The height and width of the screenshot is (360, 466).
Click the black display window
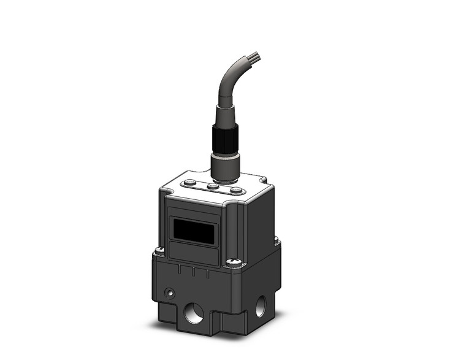(x=194, y=232)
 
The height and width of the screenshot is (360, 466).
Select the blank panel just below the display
(x=194, y=253)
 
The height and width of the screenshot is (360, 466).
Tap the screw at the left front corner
(x=159, y=250)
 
